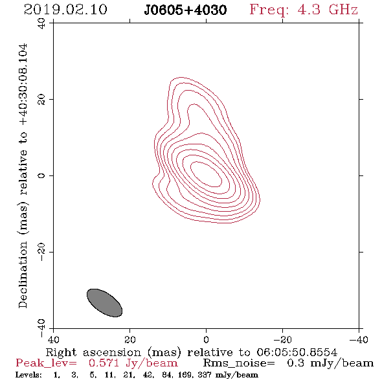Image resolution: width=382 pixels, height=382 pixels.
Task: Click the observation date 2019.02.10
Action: point(65,10)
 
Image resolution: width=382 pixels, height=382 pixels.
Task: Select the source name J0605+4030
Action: point(185,10)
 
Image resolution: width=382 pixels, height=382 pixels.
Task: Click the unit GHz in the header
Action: point(343,10)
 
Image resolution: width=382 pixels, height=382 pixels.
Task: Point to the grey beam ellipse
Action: point(104,303)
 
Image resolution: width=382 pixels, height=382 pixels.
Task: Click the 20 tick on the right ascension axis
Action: point(130,339)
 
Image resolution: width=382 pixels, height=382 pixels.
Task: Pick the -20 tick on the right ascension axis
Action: point(282,339)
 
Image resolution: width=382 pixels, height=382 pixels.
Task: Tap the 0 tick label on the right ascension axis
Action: point(207,339)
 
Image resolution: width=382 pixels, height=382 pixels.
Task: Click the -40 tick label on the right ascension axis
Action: point(359,339)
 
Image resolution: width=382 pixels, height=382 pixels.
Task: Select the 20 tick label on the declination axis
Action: point(41,100)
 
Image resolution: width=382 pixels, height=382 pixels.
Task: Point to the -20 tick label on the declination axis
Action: point(41,252)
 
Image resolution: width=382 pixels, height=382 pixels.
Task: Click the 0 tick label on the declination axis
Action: point(41,175)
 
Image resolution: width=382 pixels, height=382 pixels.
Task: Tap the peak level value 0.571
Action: point(104,363)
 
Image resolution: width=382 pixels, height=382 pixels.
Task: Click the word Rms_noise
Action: point(239,363)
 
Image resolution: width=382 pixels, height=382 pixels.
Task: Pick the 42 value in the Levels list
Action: point(148,374)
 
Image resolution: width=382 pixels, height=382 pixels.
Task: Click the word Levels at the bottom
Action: point(28,374)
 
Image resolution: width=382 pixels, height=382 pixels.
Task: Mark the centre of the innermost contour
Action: point(206,174)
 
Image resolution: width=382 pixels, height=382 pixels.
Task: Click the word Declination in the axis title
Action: point(23,275)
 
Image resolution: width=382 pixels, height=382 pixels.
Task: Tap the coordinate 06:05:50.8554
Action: point(297,352)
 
